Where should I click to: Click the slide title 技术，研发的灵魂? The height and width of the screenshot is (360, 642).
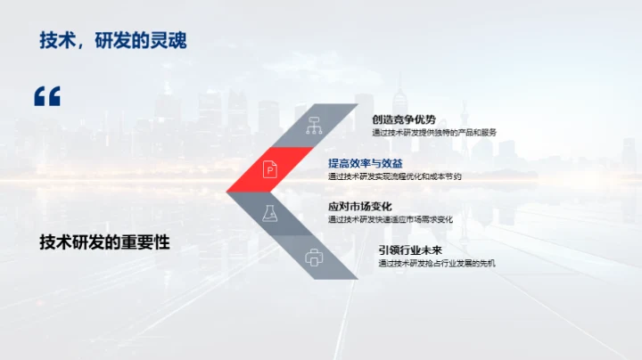pyautogui.click(x=113, y=40)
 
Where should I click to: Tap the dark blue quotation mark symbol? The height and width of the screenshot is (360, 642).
pyautogui.click(x=46, y=96)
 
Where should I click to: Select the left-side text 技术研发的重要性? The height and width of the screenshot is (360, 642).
pyautogui.click(x=104, y=242)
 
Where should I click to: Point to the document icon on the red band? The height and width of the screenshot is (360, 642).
pyautogui.click(x=270, y=168)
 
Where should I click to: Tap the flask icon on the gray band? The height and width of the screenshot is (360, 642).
pyautogui.click(x=267, y=213)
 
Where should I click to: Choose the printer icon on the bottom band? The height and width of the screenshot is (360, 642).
pyautogui.click(x=314, y=258)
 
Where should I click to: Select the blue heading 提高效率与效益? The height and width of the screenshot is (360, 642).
pyautogui.click(x=365, y=163)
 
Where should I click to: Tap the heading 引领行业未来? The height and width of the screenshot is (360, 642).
pyautogui.click(x=409, y=250)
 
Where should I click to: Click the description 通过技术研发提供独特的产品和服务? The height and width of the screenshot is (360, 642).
pyautogui.click(x=434, y=133)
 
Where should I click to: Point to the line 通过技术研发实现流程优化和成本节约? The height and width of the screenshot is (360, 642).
pyautogui.click(x=395, y=176)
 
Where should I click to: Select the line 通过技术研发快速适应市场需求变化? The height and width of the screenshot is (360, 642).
pyautogui.click(x=391, y=219)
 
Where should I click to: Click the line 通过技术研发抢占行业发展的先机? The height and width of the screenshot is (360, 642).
pyautogui.click(x=436, y=263)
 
